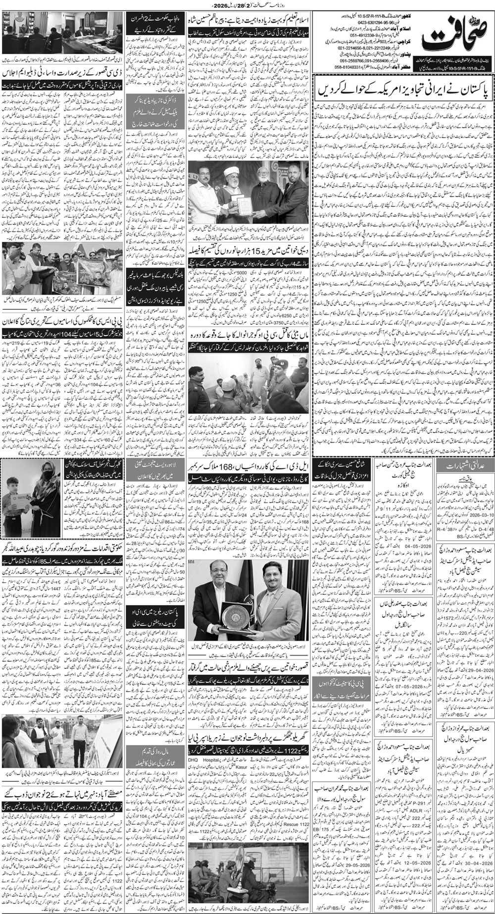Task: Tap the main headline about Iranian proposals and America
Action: click(403, 93)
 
